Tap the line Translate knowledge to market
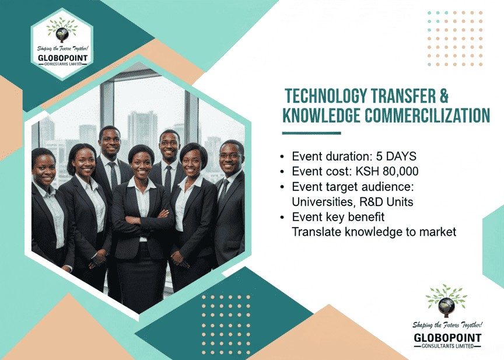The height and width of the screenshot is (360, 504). point(374,232)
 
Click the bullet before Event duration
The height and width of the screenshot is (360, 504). point(282,158)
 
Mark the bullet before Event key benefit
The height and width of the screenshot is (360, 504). point(282,217)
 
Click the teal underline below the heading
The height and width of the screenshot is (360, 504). point(311,133)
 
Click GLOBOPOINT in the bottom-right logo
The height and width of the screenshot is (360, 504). point(447,338)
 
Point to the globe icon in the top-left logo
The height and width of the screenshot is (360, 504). point(61,34)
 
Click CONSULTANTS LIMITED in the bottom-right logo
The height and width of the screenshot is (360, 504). point(447,347)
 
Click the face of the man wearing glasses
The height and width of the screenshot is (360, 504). point(230,156)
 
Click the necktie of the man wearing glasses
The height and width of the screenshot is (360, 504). point(222,193)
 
